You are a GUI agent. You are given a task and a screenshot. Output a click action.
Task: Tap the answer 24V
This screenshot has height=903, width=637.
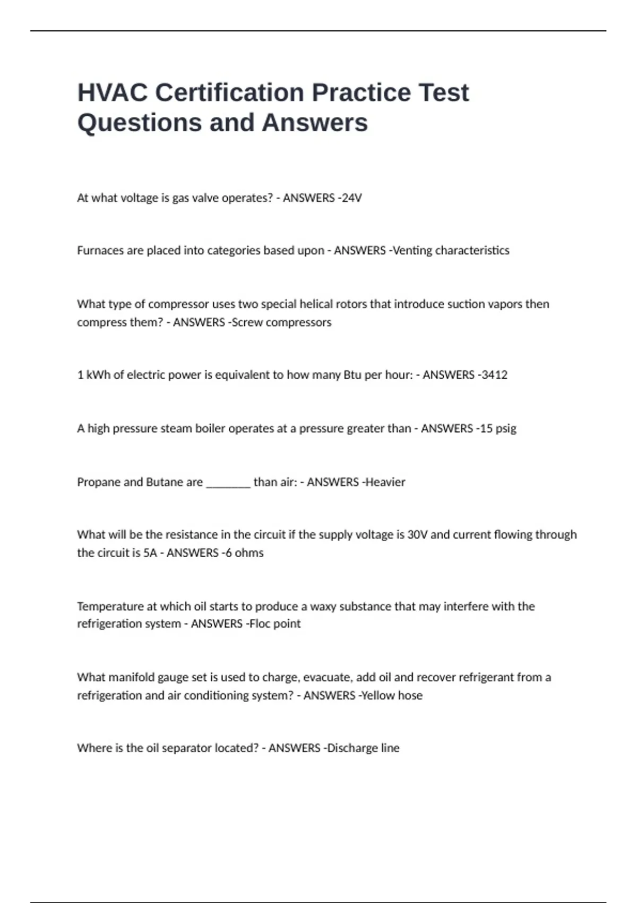[351, 198]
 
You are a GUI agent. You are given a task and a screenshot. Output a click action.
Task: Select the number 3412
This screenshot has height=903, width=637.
[494, 375]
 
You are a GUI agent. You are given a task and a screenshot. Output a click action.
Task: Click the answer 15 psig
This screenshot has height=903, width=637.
[498, 429]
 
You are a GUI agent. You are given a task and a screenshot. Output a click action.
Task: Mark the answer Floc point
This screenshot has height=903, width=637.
[275, 624]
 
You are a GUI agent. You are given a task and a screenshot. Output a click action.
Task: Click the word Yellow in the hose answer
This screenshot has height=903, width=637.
[377, 695]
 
